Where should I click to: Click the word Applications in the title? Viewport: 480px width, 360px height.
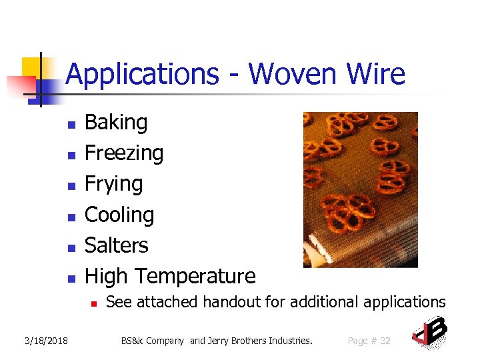coord(142,75)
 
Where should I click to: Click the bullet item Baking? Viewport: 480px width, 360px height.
coord(116,123)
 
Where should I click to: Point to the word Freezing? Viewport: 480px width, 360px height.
coord(124,153)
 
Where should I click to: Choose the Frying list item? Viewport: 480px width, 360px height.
coord(113,184)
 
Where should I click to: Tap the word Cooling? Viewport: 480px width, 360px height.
coord(119,215)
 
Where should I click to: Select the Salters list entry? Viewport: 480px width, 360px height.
coord(117,245)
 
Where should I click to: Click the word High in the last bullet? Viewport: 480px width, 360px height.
coord(107,276)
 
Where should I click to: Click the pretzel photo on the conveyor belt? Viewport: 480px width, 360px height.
coord(360,189)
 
